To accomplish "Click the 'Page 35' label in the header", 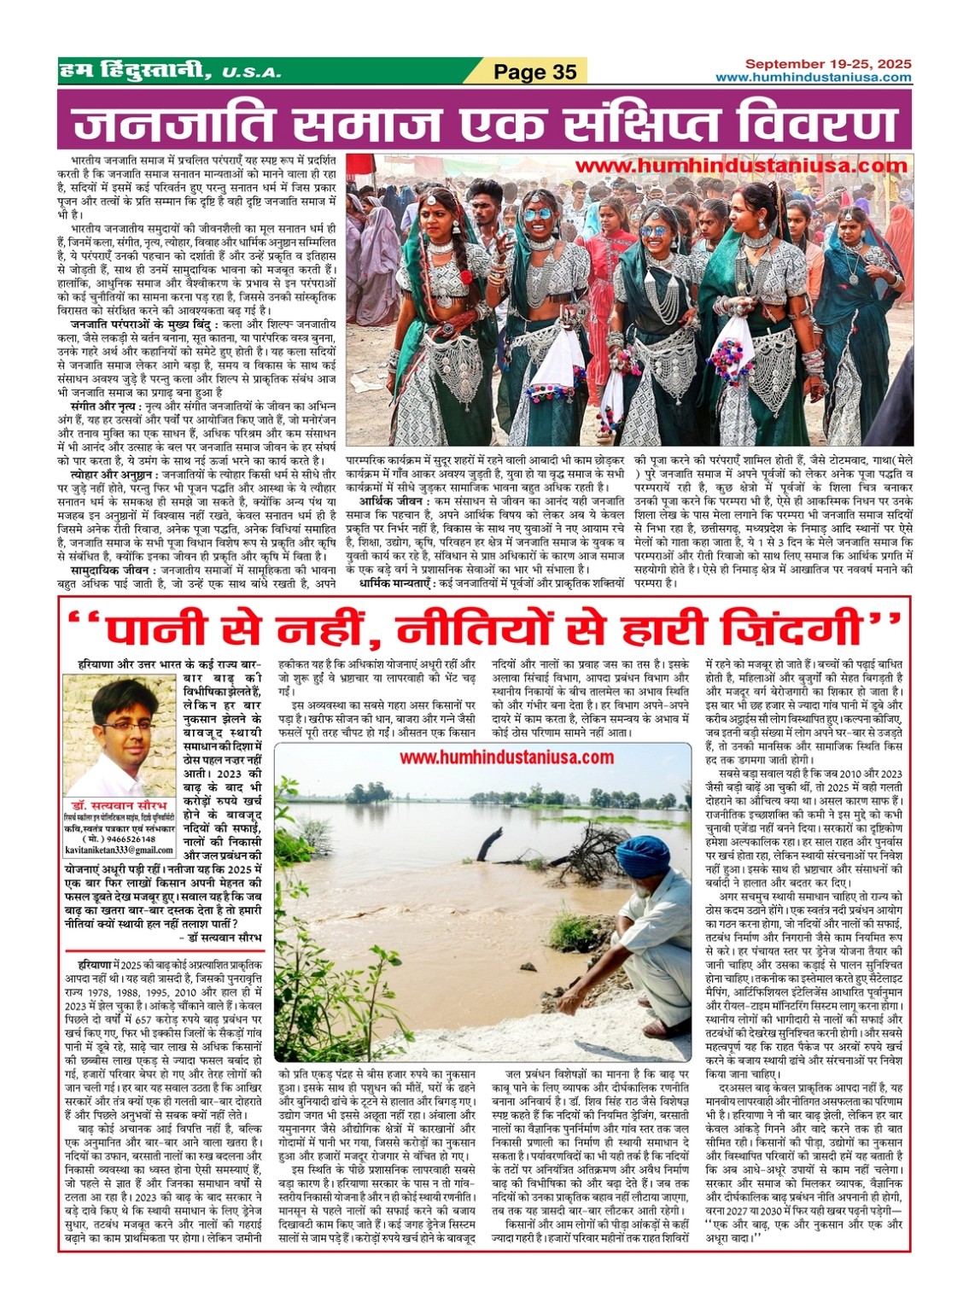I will [x=536, y=72].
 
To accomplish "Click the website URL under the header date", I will [x=813, y=78].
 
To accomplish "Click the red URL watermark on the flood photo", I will [x=506, y=757].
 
